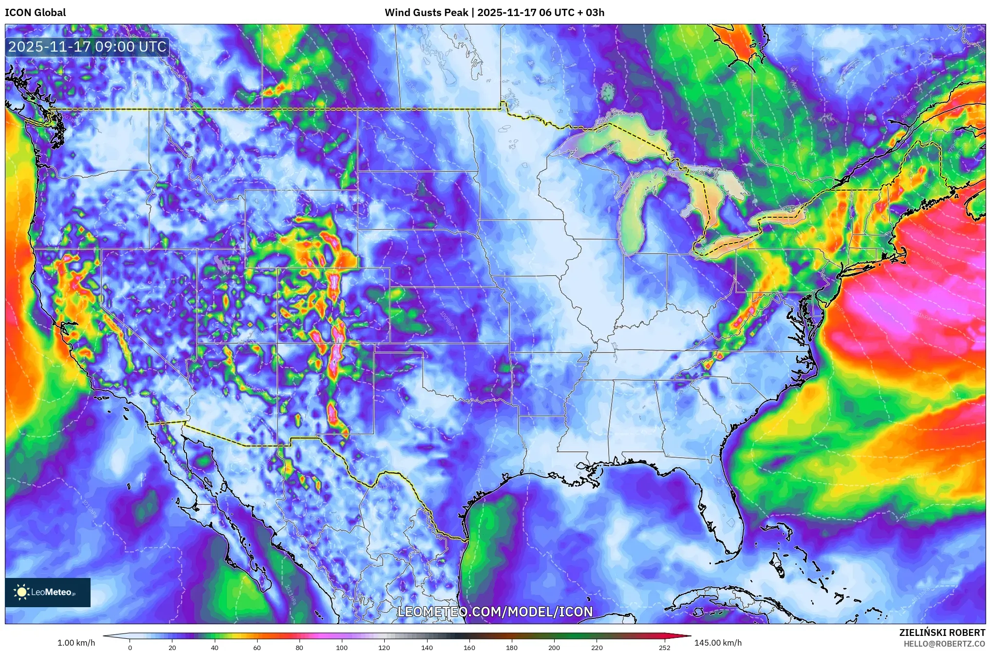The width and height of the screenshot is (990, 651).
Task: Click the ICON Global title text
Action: click(35, 13)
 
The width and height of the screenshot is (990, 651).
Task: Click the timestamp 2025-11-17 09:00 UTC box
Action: click(88, 47)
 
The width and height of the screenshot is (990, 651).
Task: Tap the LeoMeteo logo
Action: click(48, 592)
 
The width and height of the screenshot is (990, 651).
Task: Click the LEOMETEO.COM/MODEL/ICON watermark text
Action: click(495, 612)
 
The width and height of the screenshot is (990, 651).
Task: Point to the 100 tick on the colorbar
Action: click(342, 647)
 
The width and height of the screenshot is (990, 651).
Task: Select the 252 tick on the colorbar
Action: click(664, 647)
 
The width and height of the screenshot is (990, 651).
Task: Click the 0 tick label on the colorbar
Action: click(130, 647)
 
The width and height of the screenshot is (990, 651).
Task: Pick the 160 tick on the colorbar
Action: click(469, 647)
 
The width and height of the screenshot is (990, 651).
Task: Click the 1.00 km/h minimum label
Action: click(76, 643)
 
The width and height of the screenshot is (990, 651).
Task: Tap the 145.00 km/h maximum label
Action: click(718, 643)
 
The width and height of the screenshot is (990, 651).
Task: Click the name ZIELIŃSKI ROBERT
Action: click(942, 632)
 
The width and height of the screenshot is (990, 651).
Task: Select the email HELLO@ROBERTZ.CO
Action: click(944, 644)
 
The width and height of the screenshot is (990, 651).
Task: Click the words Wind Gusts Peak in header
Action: click(426, 13)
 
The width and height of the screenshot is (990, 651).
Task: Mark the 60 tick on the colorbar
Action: click(257, 647)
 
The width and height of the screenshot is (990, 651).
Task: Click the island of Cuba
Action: click(721, 601)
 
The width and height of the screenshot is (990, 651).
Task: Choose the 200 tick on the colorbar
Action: click(554, 647)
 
